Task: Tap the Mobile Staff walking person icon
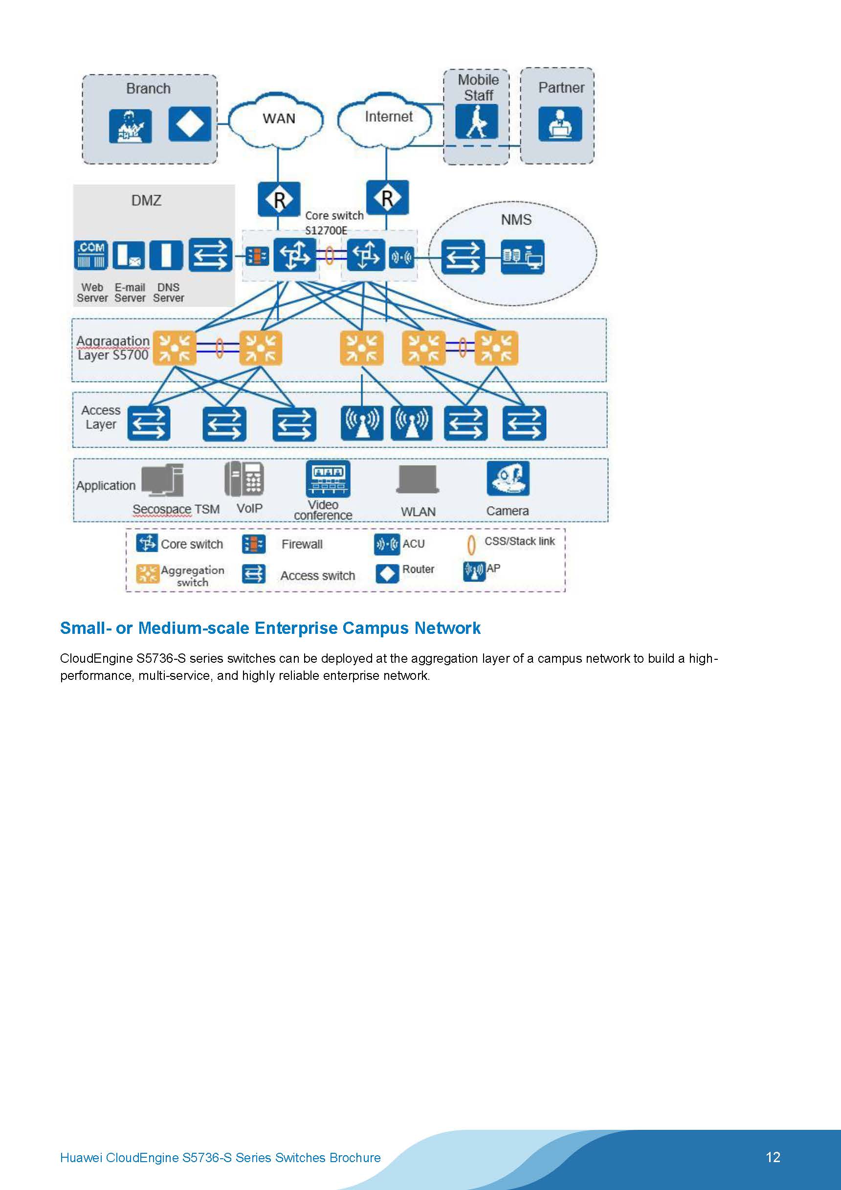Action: click(x=476, y=122)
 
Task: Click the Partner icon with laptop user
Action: click(x=560, y=124)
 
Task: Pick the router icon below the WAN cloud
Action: click(x=279, y=199)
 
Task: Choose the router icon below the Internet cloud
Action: click(x=387, y=198)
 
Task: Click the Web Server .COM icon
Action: click(x=91, y=254)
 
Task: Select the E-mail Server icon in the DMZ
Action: click(x=129, y=255)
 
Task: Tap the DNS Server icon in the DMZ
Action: click(x=166, y=255)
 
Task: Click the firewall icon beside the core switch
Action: click(x=257, y=255)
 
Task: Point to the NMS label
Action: click(x=516, y=220)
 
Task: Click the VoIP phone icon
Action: click(x=244, y=479)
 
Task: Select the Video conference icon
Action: click(x=328, y=478)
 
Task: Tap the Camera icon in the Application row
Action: click(x=508, y=478)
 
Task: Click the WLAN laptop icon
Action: click(x=418, y=479)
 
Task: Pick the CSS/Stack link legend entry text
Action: click(x=519, y=541)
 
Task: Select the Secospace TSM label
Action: click(x=176, y=510)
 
